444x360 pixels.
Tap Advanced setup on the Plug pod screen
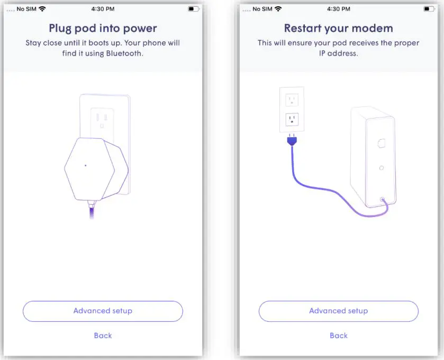pyautogui.click(x=103, y=311)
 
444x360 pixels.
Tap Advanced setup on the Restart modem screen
pyautogui.click(x=338, y=311)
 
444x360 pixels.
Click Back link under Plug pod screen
pyautogui.click(x=103, y=335)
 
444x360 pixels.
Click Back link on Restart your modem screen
pyautogui.click(x=339, y=335)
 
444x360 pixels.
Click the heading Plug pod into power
pyautogui.click(x=103, y=28)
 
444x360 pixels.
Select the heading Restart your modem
pyautogui.click(x=339, y=28)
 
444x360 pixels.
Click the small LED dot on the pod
pyautogui.click(x=86, y=165)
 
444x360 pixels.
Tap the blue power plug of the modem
pyautogui.click(x=291, y=141)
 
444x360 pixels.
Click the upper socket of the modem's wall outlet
pyautogui.click(x=292, y=100)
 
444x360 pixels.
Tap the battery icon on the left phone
pyautogui.click(x=193, y=9)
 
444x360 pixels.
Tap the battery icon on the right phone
pyautogui.click(x=429, y=9)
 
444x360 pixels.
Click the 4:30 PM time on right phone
pyautogui.click(x=339, y=9)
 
